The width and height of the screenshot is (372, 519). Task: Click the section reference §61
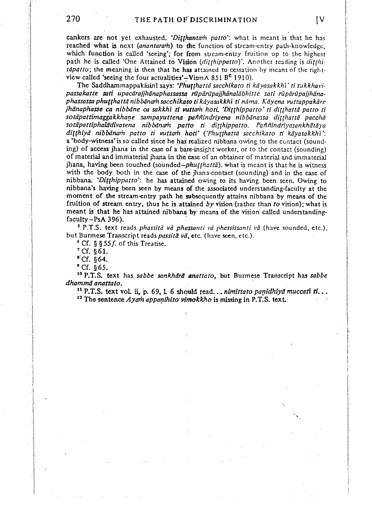pos(99,251)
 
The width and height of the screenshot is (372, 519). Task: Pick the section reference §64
pos(99,260)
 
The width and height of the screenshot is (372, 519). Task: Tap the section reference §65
pos(99,268)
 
